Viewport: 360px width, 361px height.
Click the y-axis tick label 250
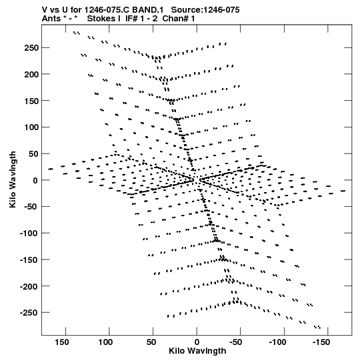point(31,48)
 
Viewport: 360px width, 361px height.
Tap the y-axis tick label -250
point(29,313)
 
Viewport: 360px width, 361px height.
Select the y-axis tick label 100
point(31,127)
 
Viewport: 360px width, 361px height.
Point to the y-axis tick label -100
point(29,234)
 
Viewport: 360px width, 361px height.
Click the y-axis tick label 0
point(35,180)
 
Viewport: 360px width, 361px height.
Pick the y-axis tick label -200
point(29,286)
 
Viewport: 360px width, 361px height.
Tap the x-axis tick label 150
point(61,342)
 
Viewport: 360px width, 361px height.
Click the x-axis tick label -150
point(321,342)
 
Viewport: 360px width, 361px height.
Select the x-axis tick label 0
point(197,342)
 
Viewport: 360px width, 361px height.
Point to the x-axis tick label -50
point(236,342)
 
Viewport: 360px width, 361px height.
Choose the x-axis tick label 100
point(105,342)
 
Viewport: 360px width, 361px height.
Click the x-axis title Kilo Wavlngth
point(197,351)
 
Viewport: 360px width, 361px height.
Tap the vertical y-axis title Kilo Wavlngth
point(13,179)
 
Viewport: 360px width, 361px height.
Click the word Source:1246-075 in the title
point(205,10)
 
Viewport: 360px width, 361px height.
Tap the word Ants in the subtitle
point(51,19)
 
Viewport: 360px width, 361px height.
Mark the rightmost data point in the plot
point(343,191)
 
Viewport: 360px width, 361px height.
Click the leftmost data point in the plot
point(51,169)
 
